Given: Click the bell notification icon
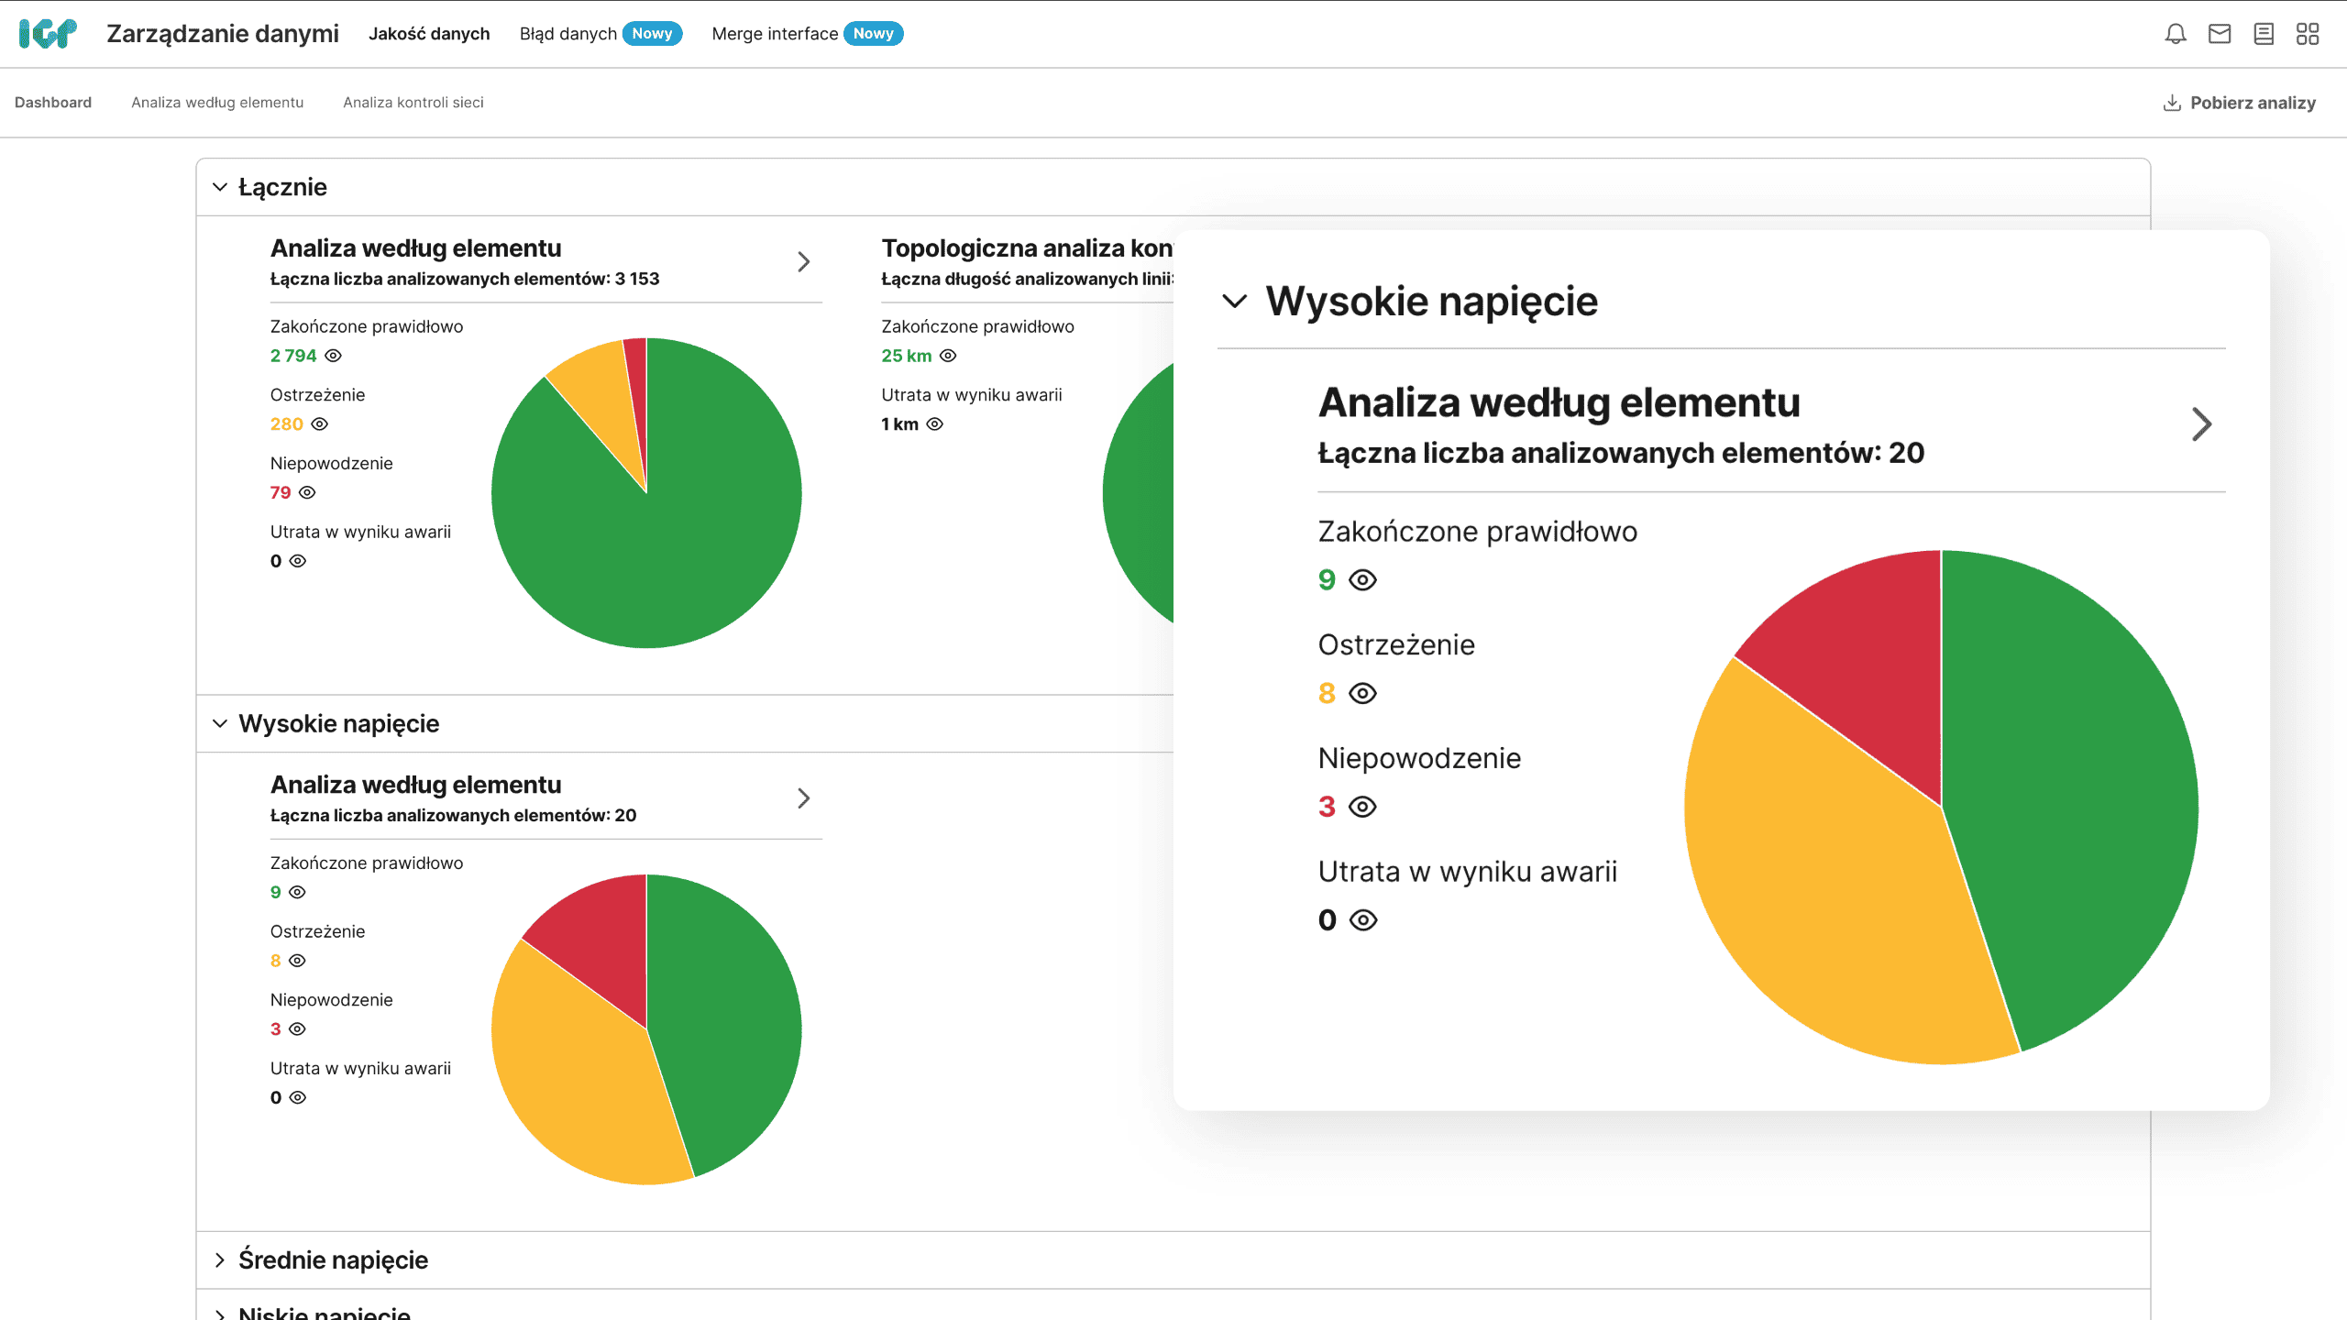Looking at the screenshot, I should pos(2175,34).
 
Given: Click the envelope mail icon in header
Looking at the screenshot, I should pos(2219,34).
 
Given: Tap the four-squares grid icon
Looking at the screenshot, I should pos(2307,34).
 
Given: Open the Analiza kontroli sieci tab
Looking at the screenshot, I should pos(413,103).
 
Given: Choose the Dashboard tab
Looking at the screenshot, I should pos(53,103).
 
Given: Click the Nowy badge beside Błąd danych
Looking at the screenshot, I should pos(652,34).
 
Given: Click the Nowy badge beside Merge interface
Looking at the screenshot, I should pos(873,34).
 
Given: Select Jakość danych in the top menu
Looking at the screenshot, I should pos(429,34).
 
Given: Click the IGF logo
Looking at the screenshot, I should pos(48,34).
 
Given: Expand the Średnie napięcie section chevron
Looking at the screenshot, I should pos(220,1259).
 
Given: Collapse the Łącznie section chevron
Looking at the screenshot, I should pos(220,187).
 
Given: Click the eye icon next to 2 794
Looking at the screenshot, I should pos(334,356).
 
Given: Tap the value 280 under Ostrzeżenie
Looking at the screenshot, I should pos(286,424).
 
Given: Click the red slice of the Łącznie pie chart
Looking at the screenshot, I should pos(636,385).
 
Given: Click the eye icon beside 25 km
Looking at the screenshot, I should pos(948,356).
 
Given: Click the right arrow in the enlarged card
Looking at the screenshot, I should pos(2201,424).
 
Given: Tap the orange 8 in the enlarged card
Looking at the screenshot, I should pos(1326,694).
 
